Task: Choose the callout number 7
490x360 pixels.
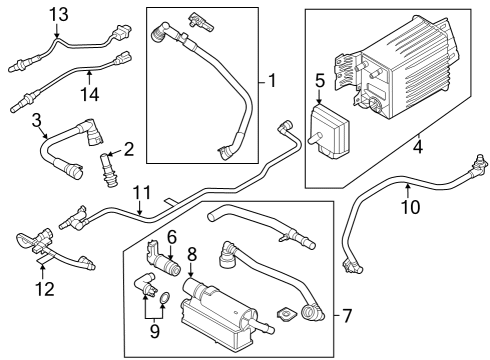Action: (347, 317)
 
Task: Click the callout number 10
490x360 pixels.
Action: (408, 207)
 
